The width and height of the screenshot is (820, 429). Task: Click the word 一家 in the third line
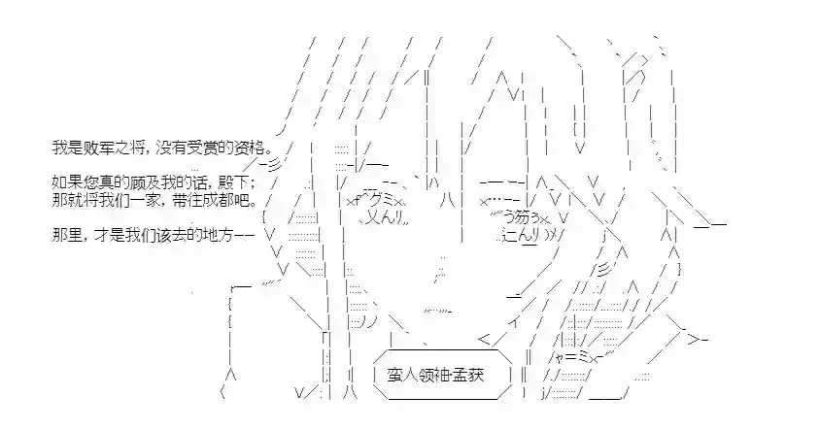click(x=143, y=200)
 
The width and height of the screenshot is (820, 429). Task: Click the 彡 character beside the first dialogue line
click(x=276, y=165)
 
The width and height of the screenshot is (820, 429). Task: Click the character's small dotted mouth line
click(x=437, y=311)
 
